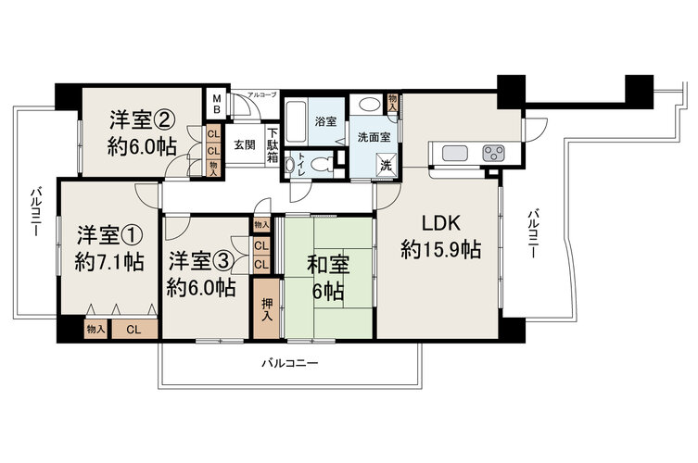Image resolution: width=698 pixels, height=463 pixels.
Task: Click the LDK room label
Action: click(440, 223)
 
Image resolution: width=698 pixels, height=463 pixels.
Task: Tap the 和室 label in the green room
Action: click(328, 265)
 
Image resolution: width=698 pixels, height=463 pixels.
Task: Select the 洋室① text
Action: click(109, 235)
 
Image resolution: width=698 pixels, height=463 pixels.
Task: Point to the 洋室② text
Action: click(142, 119)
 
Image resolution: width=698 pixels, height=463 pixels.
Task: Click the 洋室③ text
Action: click(201, 261)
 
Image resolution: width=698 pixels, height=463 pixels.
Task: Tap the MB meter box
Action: click(216, 104)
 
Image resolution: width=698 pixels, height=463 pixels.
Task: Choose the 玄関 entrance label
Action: click(245, 144)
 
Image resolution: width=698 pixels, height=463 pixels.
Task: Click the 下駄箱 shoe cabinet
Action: click(273, 145)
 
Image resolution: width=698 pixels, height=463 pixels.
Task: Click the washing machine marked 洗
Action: click(386, 166)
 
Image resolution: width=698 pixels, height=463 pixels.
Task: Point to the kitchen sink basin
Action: click(454, 154)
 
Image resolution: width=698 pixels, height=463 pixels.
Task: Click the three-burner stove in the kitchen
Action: click(494, 154)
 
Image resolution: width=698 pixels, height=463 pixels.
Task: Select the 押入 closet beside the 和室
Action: click(267, 308)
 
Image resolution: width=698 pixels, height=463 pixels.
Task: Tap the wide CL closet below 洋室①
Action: click(134, 330)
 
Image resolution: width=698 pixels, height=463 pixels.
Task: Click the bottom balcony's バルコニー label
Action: click(290, 363)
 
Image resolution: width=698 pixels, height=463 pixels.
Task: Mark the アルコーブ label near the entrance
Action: click(262, 94)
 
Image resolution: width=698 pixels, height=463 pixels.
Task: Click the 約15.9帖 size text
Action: click(440, 249)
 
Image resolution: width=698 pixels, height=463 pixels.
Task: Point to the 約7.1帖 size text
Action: click(109, 262)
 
